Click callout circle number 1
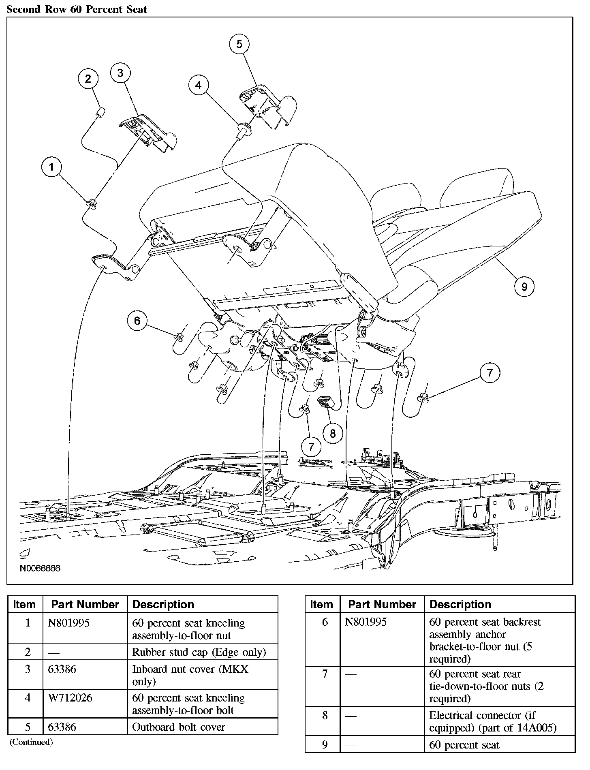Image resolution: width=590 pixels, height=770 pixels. coord(51,167)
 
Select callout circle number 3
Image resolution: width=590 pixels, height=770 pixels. coord(120,73)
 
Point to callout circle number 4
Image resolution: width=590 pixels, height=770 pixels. coord(198,85)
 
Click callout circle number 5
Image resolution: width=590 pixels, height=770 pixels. coord(239,44)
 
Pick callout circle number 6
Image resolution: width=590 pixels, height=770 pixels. coord(137,321)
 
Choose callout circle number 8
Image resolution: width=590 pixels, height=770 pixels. coord(333,434)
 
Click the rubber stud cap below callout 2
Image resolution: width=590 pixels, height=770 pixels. coord(100,111)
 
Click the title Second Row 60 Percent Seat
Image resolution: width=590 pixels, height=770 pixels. coord(77,9)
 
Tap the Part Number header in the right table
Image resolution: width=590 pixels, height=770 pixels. coord(382,605)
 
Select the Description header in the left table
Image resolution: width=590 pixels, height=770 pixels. coord(163,605)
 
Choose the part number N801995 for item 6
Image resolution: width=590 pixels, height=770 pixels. coord(366,622)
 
